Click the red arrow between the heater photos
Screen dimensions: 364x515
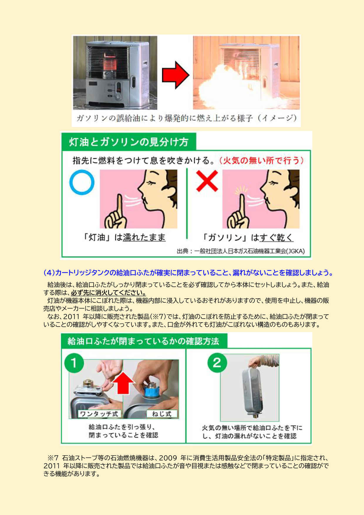176,75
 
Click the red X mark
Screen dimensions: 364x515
207,181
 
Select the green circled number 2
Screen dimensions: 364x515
217,363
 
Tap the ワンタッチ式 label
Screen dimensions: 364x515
99,414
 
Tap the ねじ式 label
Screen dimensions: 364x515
162,414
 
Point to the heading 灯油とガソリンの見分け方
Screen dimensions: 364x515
129,142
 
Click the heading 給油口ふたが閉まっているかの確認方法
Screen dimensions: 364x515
143,341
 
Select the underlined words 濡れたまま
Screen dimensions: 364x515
144,237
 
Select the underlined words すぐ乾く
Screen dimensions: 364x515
276,237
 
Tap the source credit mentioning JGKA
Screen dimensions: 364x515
241,251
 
